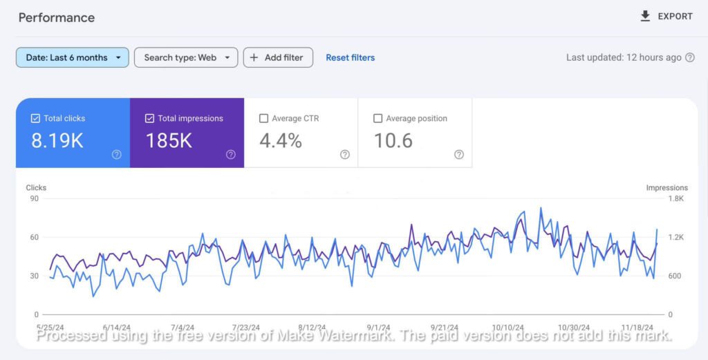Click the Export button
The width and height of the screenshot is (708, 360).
[667, 17]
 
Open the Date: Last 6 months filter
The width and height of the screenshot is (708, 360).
[73, 57]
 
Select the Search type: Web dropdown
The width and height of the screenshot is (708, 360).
[186, 57]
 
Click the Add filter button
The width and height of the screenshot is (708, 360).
[278, 57]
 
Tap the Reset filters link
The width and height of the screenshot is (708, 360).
[350, 57]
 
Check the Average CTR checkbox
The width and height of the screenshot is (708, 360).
[263, 118]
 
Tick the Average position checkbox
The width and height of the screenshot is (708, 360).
[378, 118]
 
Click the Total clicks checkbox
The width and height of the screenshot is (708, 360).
[35, 118]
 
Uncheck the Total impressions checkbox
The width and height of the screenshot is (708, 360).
[149, 118]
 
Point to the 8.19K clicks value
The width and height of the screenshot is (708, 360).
[57, 141]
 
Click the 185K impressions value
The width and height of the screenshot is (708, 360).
[169, 141]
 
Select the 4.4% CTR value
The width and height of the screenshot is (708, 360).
[281, 141]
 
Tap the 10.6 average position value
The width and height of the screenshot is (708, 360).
[393, 141]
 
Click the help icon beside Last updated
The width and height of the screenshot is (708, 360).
[689, 58]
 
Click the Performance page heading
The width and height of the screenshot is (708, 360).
[57, 17]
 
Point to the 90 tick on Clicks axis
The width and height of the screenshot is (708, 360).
[33, 199]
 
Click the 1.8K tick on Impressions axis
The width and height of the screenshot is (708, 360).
[674, 199]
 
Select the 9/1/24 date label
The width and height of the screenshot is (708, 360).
[379, 328]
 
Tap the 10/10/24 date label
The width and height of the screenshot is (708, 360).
[507, 328]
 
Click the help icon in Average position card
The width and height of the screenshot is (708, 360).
[459, 155]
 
